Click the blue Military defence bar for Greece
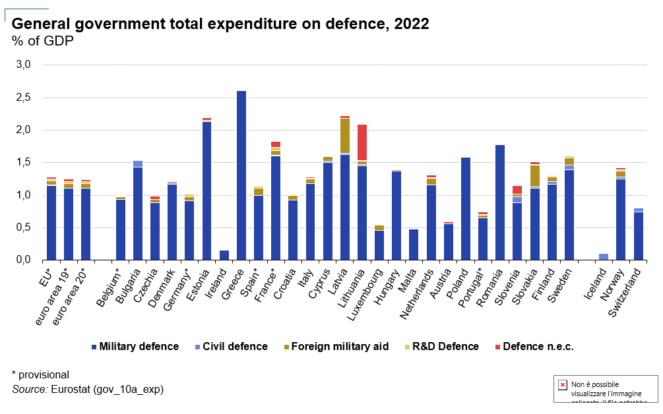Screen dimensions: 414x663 pos(241,175)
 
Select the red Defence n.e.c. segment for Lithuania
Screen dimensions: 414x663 pos(362,142)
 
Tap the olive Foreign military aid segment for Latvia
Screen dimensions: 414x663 pos(345,136)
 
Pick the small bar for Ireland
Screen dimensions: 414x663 pos(224,255)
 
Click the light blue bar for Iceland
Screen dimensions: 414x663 pos(604,256)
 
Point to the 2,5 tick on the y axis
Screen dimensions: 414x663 pos(23,98)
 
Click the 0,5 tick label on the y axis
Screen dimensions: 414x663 pos(23,228)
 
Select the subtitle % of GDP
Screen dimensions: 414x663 pos(43,41)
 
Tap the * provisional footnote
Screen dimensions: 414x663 pos(40,374)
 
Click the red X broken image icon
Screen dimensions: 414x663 pos(563,385)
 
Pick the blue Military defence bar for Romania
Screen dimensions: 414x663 pos(500,202)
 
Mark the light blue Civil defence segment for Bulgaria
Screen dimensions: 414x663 pos(138,164)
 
